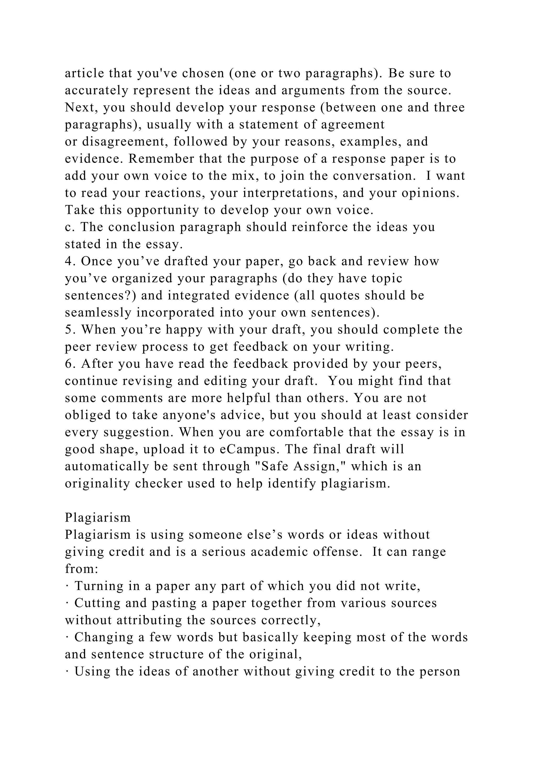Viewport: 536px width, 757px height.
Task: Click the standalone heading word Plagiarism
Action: click(x=98, y=517)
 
